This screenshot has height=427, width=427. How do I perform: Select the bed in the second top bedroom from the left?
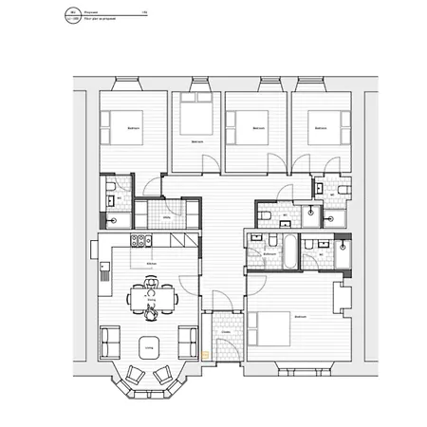[196, 121]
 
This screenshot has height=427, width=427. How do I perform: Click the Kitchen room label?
[150, 263]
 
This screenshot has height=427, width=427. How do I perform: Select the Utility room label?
[167, 216]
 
